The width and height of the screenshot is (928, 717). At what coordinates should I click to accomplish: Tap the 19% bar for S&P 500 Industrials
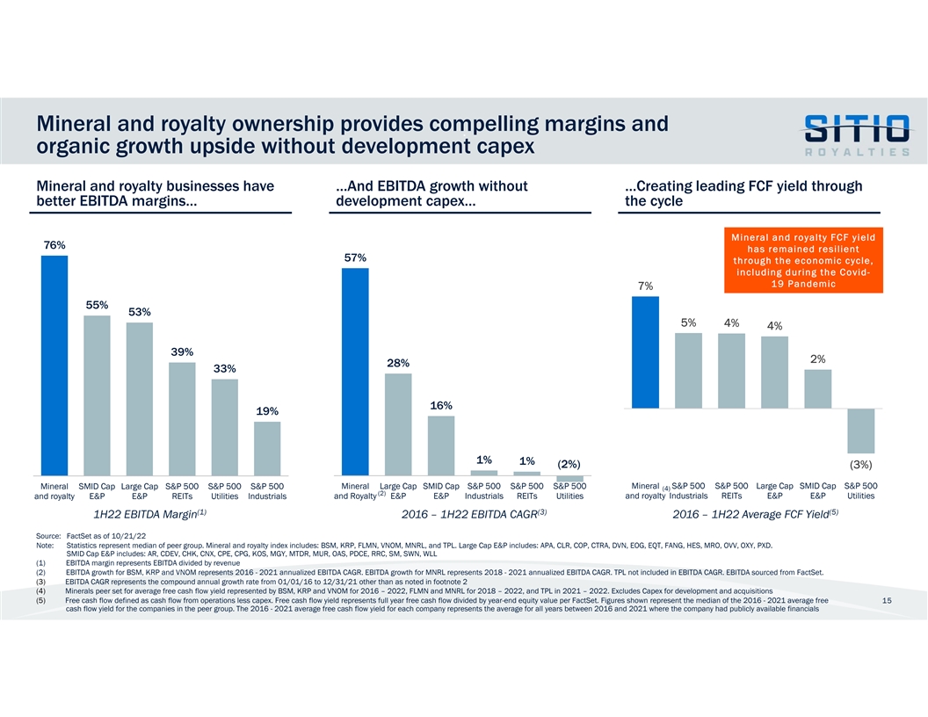pos(267,448)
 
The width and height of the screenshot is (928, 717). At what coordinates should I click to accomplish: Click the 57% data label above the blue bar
pos(355,257)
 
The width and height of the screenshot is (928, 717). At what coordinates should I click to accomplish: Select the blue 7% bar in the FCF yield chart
pos(645,352)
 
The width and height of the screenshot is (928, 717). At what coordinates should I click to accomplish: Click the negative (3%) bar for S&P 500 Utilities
pos(861,431)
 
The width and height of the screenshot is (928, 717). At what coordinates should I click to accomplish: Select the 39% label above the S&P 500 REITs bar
pos(182,352)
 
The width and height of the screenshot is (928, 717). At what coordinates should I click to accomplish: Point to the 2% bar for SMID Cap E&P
pos(817,389)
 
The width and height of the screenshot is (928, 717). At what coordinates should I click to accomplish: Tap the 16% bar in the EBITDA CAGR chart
pos(441,445)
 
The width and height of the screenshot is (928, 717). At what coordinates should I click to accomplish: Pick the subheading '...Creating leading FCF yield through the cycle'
pos(743,192)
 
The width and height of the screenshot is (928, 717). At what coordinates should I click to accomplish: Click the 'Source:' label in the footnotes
pos(47,535)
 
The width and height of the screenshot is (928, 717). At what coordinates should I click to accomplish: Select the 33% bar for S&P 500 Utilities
pos(225,427)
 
